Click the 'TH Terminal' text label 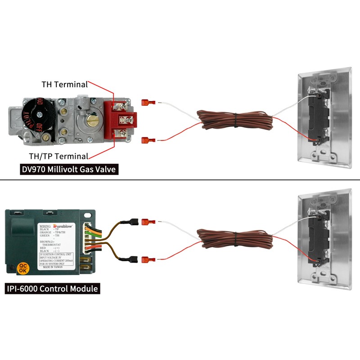pos(63,84)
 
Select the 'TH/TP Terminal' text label pos(62,156)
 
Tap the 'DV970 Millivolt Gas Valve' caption pos(70,170)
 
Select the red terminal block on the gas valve pos(120,120)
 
